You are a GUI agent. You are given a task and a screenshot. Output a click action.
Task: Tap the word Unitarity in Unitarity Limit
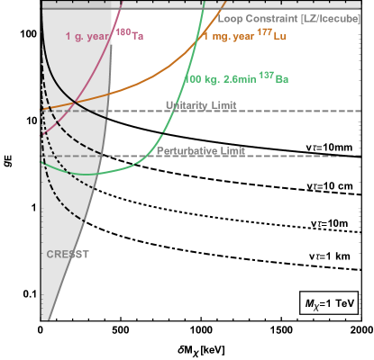(187, 105)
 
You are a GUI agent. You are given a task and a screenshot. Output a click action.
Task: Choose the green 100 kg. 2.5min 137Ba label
(236, 80)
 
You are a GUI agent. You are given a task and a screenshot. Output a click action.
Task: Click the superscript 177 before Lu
(261, 32)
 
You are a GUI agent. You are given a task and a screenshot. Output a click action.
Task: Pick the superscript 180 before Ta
(121, 32)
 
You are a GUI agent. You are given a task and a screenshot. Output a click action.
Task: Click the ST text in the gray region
(82, 255)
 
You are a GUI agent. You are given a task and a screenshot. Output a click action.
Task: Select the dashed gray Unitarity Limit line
(297, 111)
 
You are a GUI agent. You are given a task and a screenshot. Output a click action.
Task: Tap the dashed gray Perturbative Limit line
(297, 156)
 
